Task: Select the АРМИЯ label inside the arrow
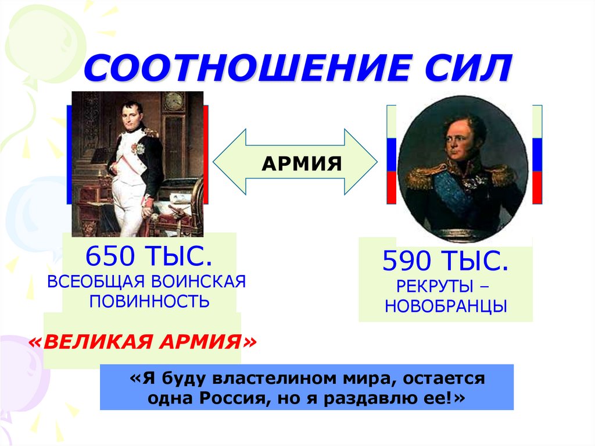(x=301, y=163)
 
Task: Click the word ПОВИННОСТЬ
(x=149, y=302)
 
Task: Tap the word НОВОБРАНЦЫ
(x=446, y=306)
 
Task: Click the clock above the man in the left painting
(x=173, y=102)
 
